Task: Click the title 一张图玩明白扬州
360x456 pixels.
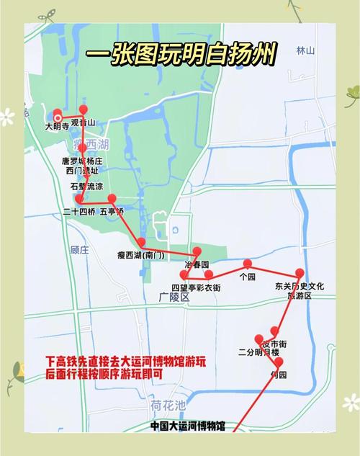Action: click(180, 56)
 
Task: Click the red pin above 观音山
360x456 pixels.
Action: click(84, 110)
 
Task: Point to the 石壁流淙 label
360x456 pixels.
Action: click(85, 185)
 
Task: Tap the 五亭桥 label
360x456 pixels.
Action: click(112, 213)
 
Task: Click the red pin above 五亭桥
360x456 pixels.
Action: click(112, 199)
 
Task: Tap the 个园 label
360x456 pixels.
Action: click(248, 276)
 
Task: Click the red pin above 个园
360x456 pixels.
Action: click(248, 264)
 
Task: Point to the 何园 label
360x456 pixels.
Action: click(278, 375)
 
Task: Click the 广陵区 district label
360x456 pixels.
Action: click(174, 297)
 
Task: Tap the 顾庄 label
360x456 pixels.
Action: click(79, 250)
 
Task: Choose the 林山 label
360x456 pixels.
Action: click(305, 50)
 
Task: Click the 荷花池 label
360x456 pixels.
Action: click(168, 403)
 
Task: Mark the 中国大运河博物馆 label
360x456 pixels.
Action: click(187, 426)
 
